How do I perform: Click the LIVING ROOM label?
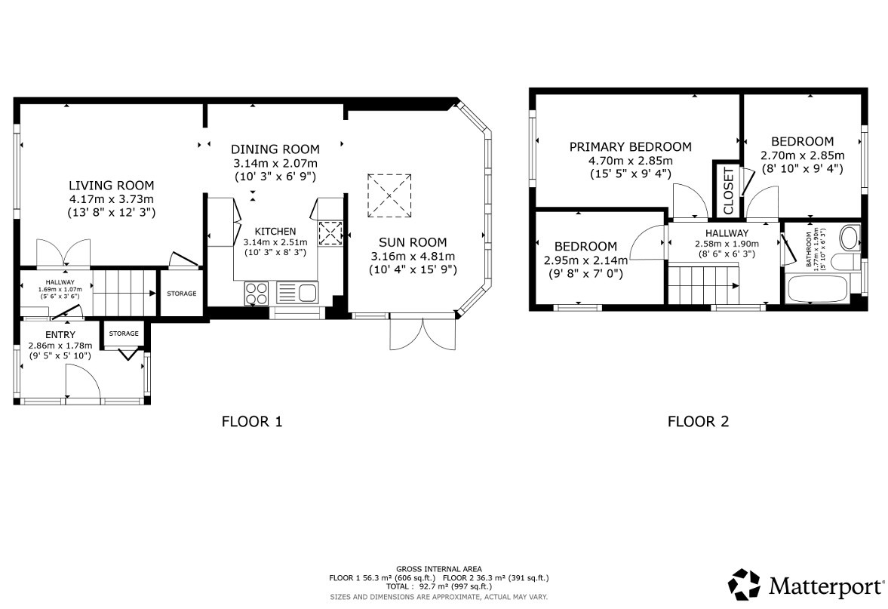pyautogui.click(x=111, y=185)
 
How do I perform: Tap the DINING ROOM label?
pyautogui.click(x=275, y=149)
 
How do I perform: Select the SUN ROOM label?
pyautogui.click(x=408, y=242)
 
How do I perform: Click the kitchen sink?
pyautogui.click(x=298, y=292)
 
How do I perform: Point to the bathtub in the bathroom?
pyautogui.click(x=817, y=289)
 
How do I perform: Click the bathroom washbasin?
pyautogui.click(x=849, y=238)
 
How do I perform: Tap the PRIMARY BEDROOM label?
pyautogui.click(x=630, y=146)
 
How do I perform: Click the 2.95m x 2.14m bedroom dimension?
pyautogui.click(x=585, y=260)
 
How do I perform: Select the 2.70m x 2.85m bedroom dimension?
pyautogui.click(x=802, y=155)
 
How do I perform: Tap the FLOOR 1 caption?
pyautogui.click(x=251, y=422)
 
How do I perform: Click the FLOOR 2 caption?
pyautogui.click(x=698, y=422)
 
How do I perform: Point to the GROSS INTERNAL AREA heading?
pyautogui.click(x=438, y=569)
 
